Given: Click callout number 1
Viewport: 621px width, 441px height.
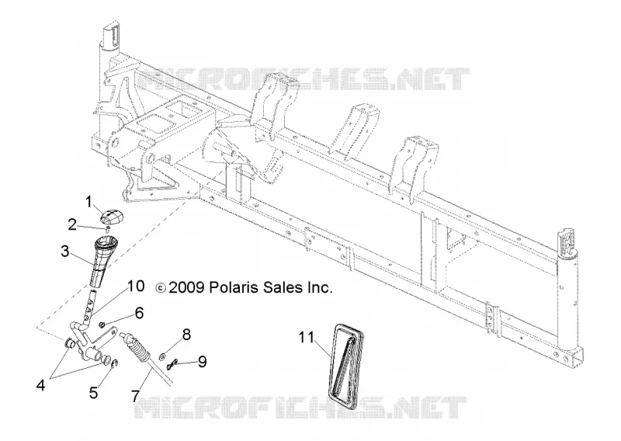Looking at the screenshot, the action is point(89,202).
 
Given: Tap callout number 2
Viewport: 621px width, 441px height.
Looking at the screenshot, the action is point(72,224).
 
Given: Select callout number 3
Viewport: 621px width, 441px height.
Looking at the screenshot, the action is point(65,252).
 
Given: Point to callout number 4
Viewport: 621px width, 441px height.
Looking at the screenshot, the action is point(41,384).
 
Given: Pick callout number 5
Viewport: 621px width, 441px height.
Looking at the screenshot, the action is point(93,392).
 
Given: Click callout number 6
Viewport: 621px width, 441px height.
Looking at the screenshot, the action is point(139,313).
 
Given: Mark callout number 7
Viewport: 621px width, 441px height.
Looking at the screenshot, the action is point(135,395).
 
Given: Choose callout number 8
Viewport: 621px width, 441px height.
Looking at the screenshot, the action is point(186,335).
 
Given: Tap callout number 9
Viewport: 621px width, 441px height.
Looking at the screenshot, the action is point(202,361).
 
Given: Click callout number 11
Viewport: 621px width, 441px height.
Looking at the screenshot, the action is point(306,338).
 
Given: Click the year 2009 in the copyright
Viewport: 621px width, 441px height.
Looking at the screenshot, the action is point(186,287).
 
